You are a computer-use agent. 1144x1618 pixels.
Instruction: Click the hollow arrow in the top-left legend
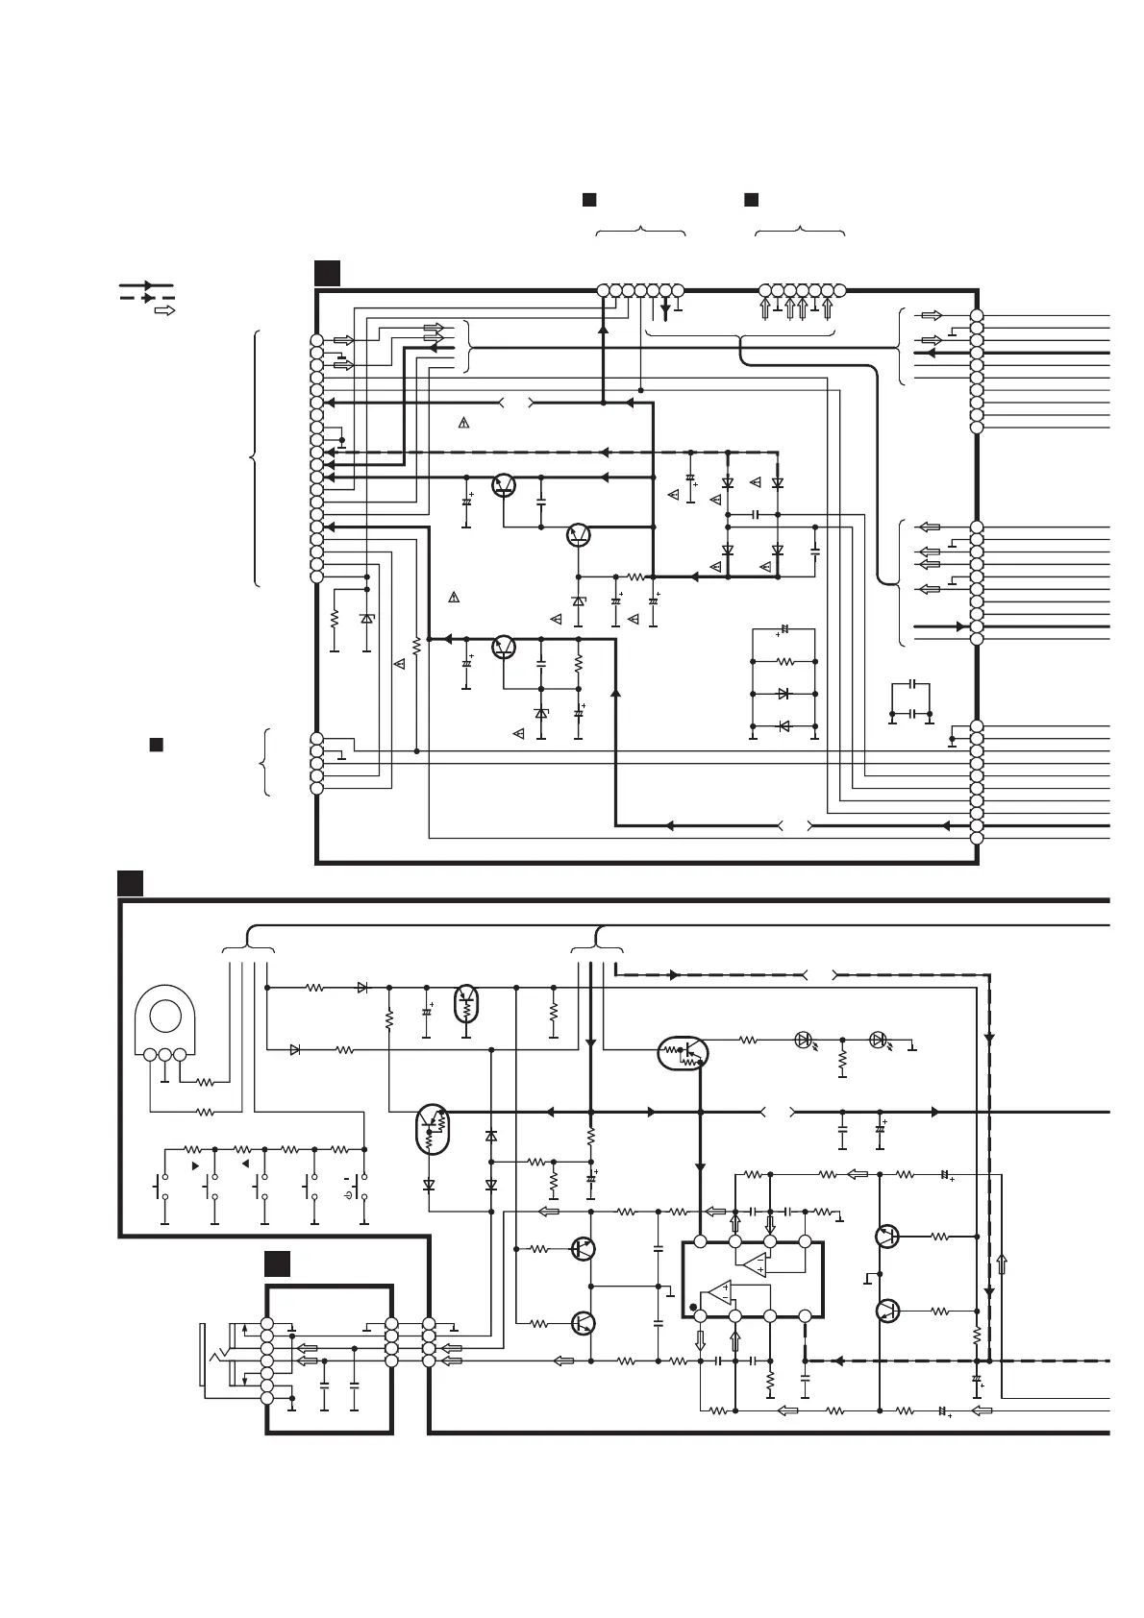click(163, 311)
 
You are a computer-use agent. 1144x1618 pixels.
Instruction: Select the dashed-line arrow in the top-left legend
click(146, 298)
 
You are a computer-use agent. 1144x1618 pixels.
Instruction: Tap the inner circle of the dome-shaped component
click(165, 1017)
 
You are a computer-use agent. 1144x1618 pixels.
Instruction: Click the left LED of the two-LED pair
click(805, 1040)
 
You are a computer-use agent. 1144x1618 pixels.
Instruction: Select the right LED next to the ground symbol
click(877, 1040)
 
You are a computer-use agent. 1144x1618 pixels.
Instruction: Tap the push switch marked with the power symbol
click(358, 1188)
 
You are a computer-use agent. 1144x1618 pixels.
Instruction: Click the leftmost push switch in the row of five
click(161, 1188)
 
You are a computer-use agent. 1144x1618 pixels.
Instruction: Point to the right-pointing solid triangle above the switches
click(195, 1164)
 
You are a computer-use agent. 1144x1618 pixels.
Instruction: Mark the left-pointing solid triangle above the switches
click(245, 1164)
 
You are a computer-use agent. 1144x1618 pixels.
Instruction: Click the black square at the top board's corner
click(327, 273)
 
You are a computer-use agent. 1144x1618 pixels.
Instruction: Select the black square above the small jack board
click(277, 1263)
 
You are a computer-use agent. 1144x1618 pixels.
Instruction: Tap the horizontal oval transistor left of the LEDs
click(683, 1053)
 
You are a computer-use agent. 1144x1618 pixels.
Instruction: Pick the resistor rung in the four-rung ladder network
click(783, 662)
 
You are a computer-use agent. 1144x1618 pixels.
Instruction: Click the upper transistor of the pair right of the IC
click(887, 1238)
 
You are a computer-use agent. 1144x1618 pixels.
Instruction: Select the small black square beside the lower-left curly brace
click(154, 745)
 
